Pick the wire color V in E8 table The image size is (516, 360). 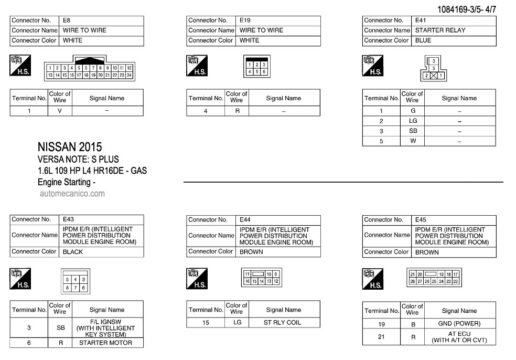point(60,111)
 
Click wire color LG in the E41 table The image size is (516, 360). point(413,121)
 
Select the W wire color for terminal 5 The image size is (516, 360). point(413,141)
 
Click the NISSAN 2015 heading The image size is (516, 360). point(70,147)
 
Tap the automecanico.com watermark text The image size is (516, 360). point(72,193)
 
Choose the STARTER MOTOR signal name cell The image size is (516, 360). point(105,343)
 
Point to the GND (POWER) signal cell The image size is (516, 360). point(459,324)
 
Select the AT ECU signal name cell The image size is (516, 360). point(459,337)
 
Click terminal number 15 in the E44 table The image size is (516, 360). point(206,322)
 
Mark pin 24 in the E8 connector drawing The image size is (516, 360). point(129,75)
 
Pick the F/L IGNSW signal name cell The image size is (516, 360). point(105,328)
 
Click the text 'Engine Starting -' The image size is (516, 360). point(67,183)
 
